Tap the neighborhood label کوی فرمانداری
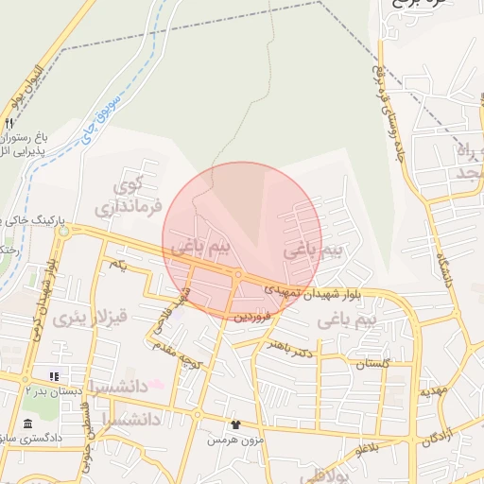[130, 193]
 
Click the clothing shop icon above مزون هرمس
[234, 424]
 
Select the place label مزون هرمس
[233, 440]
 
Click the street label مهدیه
[433, 390]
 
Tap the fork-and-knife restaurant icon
[9, 123]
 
